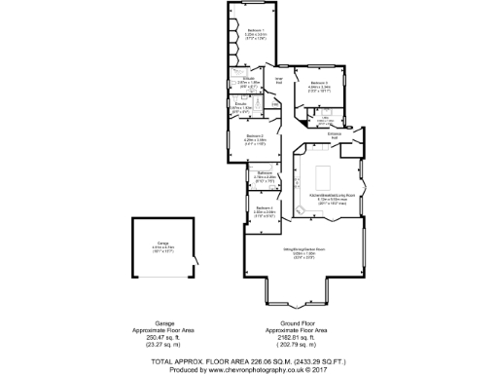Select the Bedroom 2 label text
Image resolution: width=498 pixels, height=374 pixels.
pyautogui.click(x=255, y=135)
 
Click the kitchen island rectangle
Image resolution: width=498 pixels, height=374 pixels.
pyautogui.click(x=321, y=176)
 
